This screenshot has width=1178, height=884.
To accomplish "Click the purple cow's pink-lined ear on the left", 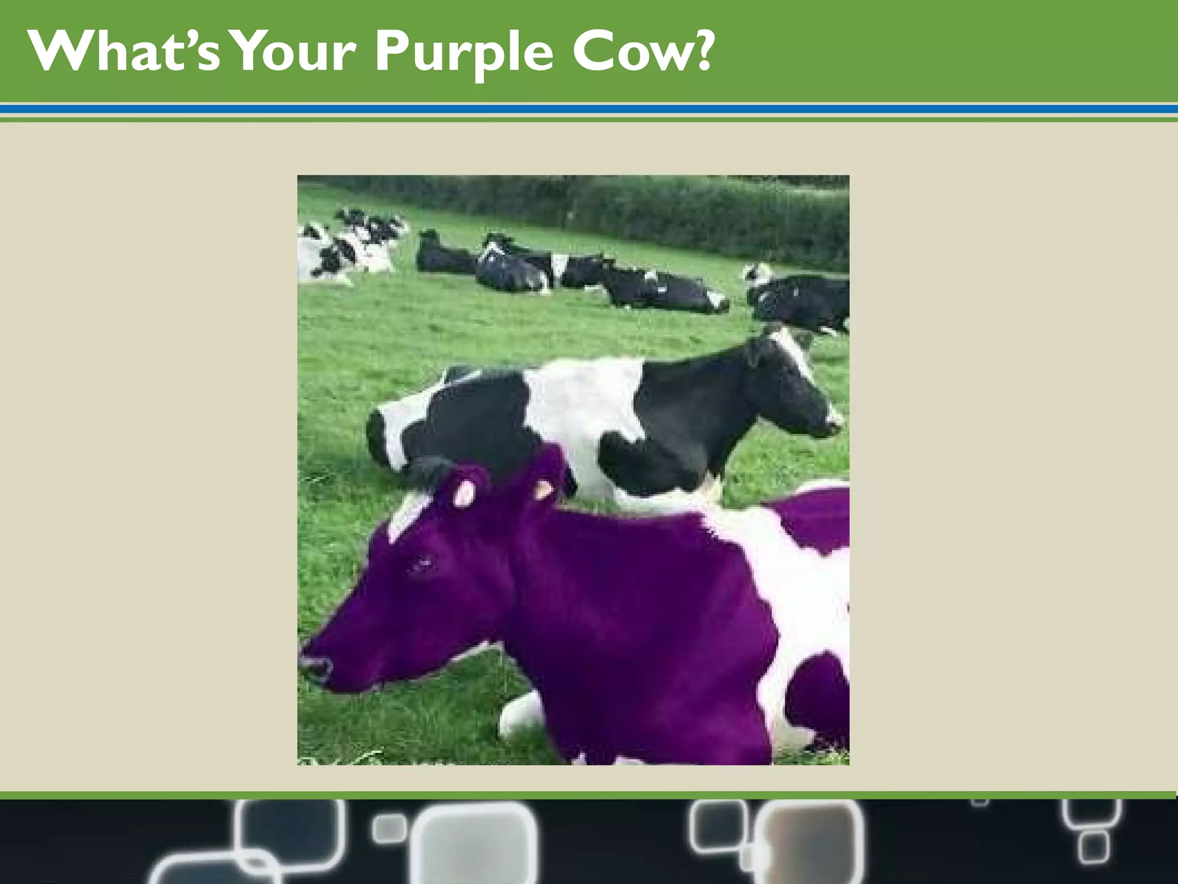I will click(464, 492).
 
